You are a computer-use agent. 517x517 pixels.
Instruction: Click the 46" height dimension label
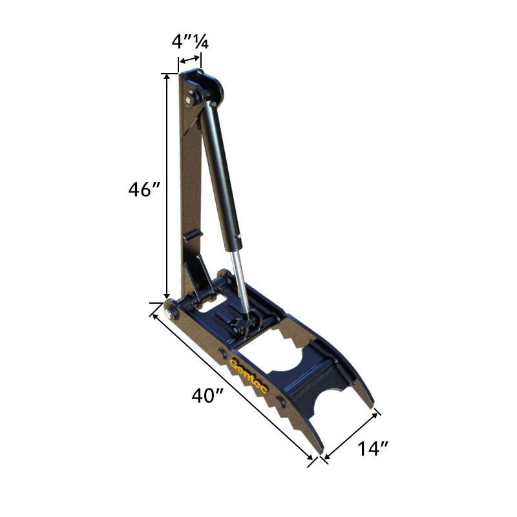click(x=144, y=189)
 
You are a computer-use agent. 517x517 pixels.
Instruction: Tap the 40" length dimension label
click(x=207, y=395)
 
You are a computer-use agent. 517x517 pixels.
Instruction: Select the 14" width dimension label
click(x=373, y=448)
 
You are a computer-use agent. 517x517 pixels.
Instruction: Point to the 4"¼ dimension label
click(x=190, y=41)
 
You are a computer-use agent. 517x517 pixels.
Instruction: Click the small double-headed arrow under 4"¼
click(x=189, y=59)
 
